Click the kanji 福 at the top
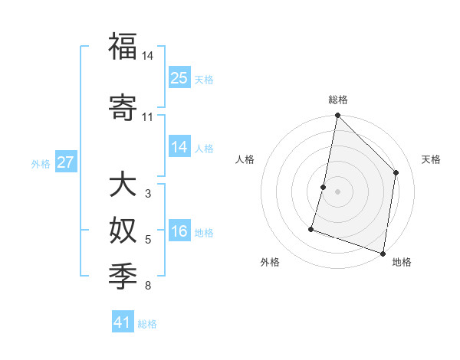(123, 47)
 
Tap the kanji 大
(123, 185)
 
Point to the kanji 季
(123, 273)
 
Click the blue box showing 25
(179, 78)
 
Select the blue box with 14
(179, 148)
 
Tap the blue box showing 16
(179, 232)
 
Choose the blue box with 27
(66, 163)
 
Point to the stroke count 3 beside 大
(147, 194)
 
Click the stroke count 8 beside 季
(147, 286)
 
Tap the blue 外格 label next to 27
(41, 164)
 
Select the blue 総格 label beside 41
(147, 324)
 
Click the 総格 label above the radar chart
(337, 100)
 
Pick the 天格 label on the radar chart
(431, 159)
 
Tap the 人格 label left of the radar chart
(245, 159)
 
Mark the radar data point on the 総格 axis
(337, 116)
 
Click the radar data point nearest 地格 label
(383, 253)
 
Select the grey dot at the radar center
(337, 191)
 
